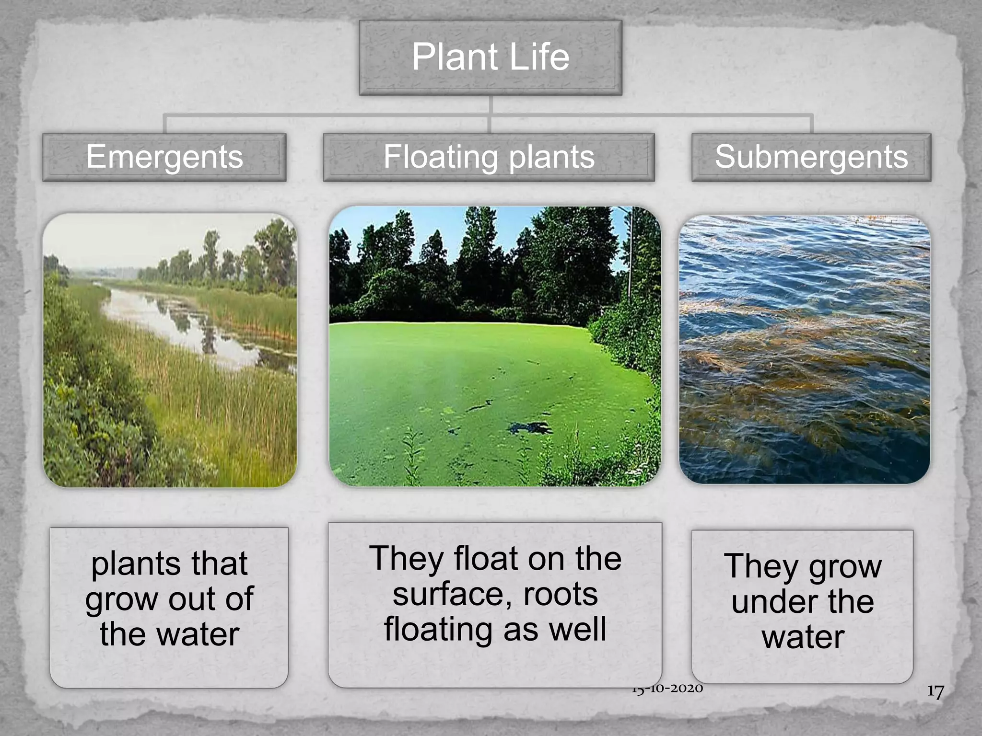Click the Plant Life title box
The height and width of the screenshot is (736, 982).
(x=490, y=57)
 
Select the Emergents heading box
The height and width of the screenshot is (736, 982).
(x=164, y=157)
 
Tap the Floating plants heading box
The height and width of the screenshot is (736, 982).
(x=489, y=157)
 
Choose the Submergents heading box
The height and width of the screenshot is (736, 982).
(x=811, y=157)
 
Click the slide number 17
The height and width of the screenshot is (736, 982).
(x=935, y=691)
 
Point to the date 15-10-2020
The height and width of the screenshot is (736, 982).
(x=667, y=689)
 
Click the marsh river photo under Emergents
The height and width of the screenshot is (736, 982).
(x=170, y=350)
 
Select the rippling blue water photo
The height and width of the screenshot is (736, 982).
(x=804, y=349)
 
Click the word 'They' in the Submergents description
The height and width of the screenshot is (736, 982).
(x=762, y=566)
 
